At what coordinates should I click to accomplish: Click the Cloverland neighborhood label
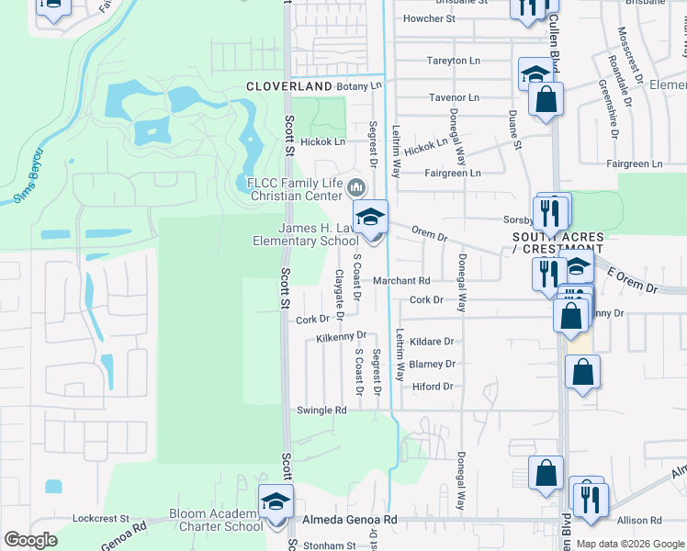tap(288, 85)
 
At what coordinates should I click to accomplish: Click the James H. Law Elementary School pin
tap(371, 219)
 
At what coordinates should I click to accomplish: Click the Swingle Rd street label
tap(321, 410)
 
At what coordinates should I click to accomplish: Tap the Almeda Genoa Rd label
tap(350, 520)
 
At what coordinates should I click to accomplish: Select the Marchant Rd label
tap(400, 281)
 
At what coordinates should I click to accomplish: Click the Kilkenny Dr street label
tap(341, 337)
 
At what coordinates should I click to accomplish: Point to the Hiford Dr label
tap(433, 387)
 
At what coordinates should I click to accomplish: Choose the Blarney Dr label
tap(432, 364)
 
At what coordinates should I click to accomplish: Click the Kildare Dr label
tap(432, 341)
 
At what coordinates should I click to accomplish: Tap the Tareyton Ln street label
tap(453, 61)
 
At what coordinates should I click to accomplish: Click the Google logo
tap(30, 540)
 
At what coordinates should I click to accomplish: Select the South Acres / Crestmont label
tap(557, 242)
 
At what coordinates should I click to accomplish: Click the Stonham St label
tap(330, 545)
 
